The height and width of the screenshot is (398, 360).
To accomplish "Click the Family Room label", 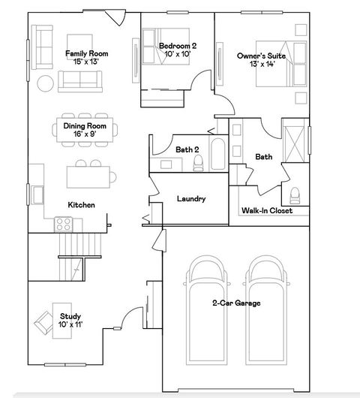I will tap(87, 57).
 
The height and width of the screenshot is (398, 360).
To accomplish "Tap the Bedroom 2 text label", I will tap(178, 50).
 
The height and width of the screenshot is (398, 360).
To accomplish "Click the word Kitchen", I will tap(80, 204).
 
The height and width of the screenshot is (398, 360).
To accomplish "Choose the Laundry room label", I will tap(191, 199).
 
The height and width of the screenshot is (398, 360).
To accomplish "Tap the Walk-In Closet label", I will tap(266, 211).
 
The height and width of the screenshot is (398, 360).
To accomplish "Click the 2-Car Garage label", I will tap(235, 303).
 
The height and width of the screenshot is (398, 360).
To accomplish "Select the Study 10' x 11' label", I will tap(70, 320).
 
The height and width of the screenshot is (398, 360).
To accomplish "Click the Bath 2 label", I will tap(187, 150).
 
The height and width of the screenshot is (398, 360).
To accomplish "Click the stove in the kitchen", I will tap(63, 223).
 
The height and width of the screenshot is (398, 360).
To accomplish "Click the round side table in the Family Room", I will tap(45, 81).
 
